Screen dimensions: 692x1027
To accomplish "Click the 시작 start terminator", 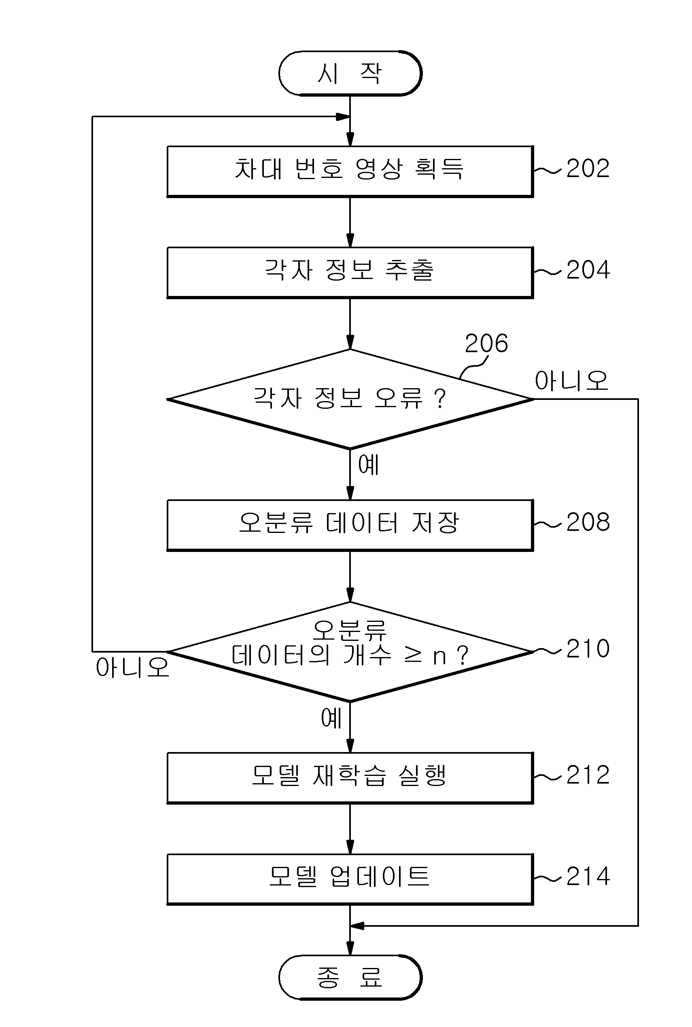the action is point(350,73).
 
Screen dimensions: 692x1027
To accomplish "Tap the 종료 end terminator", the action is point(350,977).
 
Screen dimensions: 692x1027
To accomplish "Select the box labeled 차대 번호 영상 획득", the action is point(350,171).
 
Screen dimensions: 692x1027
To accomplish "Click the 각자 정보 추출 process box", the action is point(350,273).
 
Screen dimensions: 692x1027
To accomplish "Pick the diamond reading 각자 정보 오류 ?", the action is point(350,399).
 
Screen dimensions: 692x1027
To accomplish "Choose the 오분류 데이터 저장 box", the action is point(350,525).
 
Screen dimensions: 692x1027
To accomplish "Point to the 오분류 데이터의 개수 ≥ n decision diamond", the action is point(350,652).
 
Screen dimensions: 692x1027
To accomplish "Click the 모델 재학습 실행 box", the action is point(350,778).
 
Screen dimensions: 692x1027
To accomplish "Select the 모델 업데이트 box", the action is point(350,879).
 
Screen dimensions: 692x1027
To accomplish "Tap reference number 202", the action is point(588,168).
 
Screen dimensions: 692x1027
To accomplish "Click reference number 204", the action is point(588,269).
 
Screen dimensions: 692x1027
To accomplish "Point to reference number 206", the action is point(486,343).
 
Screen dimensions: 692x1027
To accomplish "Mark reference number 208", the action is point(588,522).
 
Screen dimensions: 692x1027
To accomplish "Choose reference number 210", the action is point(588,649).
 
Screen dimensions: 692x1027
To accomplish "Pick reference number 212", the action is point(588,775).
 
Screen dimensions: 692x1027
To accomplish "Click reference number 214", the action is point(588,876).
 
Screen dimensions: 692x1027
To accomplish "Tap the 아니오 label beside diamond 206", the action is point(571,380).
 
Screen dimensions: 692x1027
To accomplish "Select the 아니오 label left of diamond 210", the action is point(132,667).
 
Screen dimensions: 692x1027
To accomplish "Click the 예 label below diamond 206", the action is point(368,465).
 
